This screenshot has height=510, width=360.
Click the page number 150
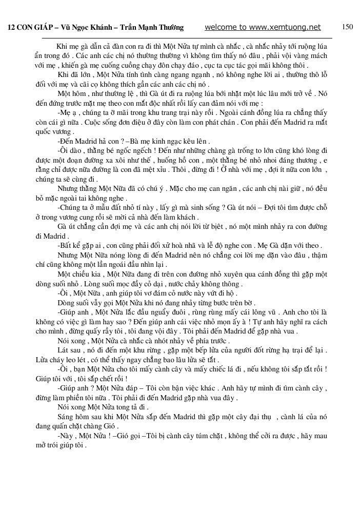347,27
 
